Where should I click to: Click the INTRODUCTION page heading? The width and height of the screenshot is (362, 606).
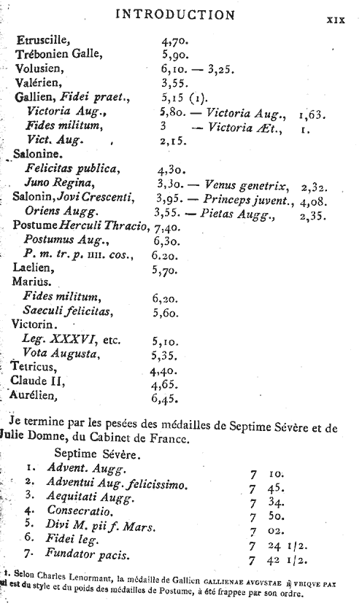(175, 15)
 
